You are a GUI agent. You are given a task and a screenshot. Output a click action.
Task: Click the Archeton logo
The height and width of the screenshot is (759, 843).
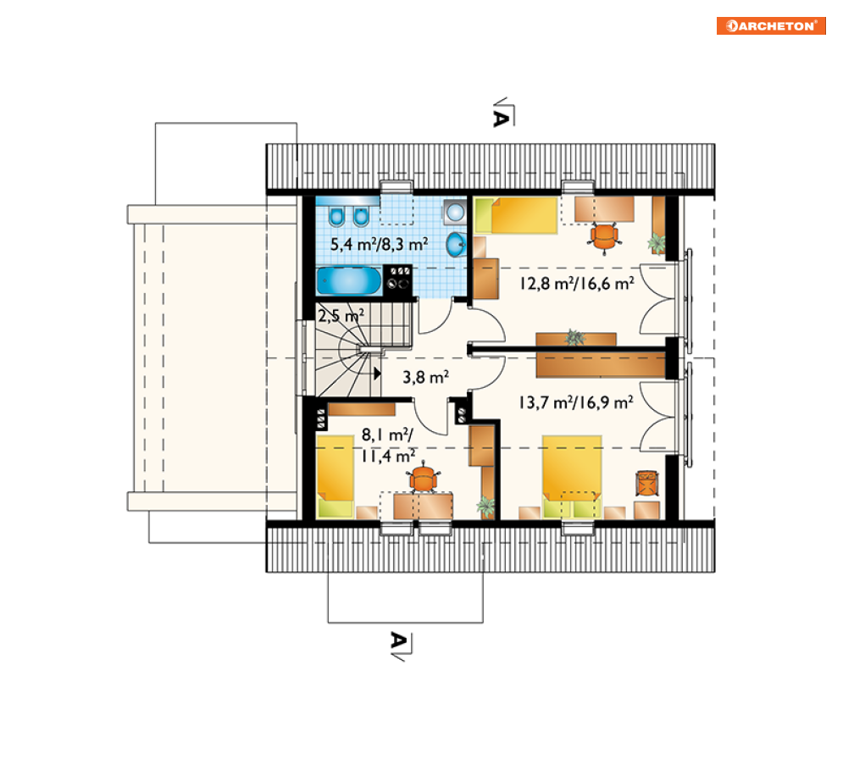(771, 25)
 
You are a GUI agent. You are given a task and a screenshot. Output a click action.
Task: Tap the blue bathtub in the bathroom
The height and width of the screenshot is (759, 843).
(349, 280)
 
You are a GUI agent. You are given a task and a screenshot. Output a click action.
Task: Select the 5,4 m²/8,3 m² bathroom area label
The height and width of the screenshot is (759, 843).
(379, 245)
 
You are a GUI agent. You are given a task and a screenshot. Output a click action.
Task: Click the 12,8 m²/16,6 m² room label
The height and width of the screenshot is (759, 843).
(576, 283)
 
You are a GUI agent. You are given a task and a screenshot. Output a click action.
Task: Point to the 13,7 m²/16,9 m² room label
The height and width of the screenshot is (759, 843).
(576, 402)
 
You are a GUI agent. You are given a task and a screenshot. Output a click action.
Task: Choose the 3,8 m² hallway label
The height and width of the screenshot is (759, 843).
(426, 377)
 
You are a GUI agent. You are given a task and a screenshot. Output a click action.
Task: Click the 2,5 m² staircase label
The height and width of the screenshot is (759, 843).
(341, 315)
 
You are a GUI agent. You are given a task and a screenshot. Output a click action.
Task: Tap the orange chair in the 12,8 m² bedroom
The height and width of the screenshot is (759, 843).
(604, 237)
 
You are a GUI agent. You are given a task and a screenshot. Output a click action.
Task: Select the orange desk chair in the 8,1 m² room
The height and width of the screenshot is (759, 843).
(424, 478)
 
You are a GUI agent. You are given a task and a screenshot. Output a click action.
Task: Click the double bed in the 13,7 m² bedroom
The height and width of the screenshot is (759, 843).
(572, 476)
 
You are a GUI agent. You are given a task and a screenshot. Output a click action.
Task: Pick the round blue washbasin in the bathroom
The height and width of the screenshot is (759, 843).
(457, 245)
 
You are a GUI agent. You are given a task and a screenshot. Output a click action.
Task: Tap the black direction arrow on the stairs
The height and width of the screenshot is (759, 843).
(377, 373)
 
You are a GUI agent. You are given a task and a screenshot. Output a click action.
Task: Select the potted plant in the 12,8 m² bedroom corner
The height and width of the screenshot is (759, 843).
(657, 244)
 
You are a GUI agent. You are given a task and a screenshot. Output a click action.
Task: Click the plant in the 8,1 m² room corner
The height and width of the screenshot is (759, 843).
(486, 507)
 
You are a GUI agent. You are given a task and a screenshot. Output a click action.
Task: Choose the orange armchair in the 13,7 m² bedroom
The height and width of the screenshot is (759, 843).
(646, 482)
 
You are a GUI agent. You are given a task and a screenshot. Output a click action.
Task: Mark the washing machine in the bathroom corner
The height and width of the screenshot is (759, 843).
(455, 213)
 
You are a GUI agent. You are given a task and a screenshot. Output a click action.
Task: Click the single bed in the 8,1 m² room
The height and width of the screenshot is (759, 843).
(335, 476)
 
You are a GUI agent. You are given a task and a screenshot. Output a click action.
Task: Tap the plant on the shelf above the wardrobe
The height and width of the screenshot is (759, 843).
(574, 338)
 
